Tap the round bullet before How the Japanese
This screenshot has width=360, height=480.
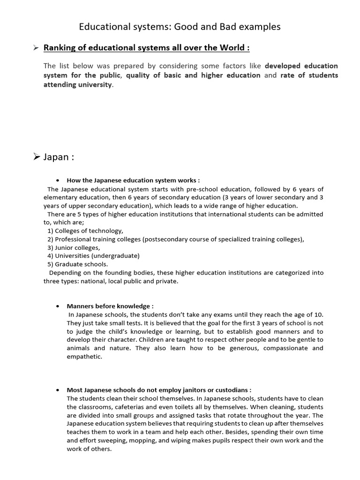(57, 180)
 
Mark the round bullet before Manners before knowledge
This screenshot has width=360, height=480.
(57, 306)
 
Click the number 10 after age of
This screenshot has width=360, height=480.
(319, 314)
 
